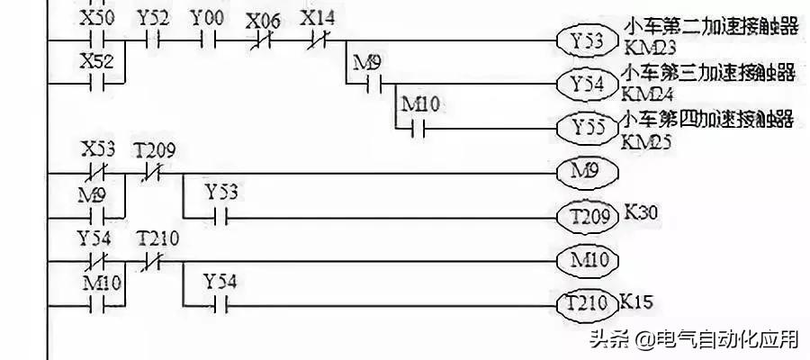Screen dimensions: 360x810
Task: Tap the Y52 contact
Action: (x=152, y=40)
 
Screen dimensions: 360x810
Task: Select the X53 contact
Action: (x=93, y=170)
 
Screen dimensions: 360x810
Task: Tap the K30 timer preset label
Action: (x=643, y=214)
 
